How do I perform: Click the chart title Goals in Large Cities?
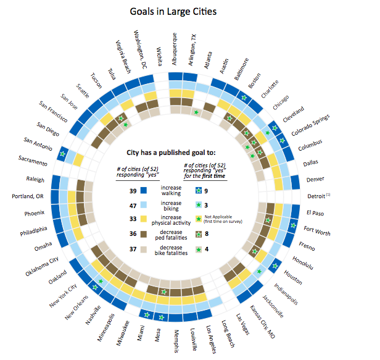(x=173, y=11)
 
